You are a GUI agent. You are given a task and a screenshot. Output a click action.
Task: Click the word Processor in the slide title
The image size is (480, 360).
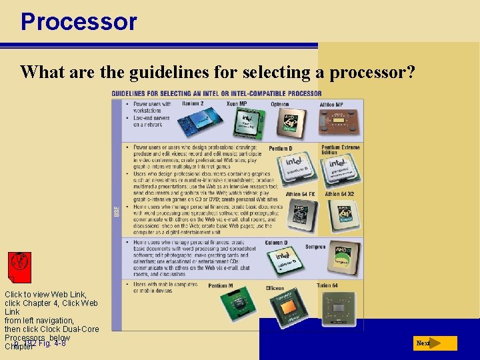(x=79, y=21)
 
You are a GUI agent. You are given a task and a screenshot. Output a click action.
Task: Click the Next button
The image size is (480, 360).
(x=435, y=343)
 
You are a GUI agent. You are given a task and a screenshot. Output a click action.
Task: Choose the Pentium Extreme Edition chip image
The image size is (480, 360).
(x=338, y=171)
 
